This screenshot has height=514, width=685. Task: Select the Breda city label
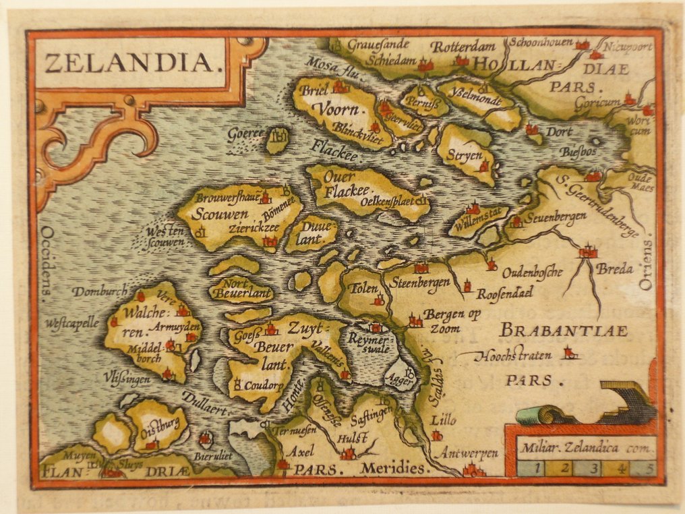[614, 269]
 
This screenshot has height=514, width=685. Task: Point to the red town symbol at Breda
[588, 252]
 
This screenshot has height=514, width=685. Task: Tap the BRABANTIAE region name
[564, 331]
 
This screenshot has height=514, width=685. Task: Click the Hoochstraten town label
[513, 355]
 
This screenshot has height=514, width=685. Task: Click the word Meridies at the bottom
[393, 469]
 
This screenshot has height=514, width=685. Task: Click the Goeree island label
[245, 133]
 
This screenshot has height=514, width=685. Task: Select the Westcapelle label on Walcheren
[71, 323]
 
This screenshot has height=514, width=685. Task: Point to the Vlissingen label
[127, 380]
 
